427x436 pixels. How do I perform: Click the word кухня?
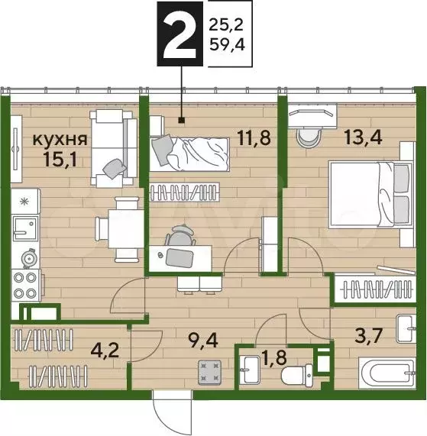point(59,139)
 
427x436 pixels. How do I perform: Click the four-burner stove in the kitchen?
point(25,283)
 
